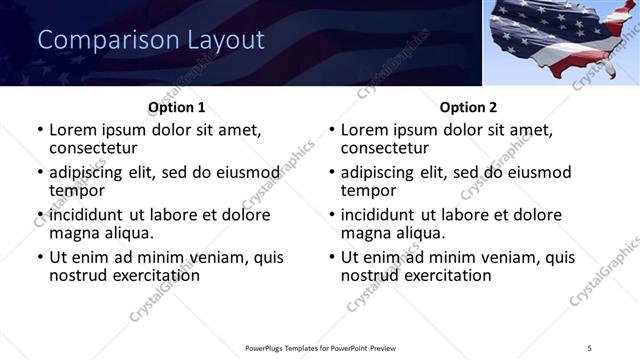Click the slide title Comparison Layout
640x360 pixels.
(150, 40)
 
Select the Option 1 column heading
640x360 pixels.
(177, 106)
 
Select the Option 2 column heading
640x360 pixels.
(468, 106)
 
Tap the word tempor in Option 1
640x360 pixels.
(78, 190)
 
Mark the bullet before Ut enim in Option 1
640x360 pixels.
(39, 257)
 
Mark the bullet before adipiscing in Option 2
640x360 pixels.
(331, 172)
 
